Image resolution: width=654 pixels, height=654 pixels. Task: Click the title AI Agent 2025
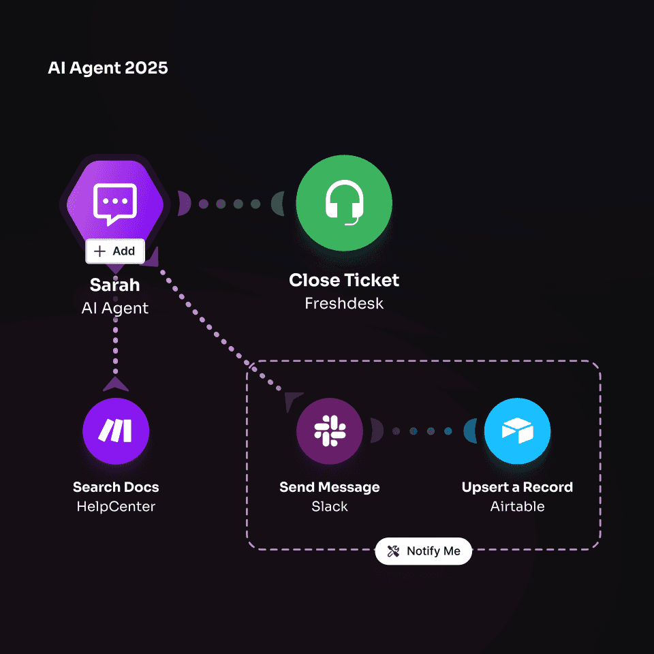(108, 68)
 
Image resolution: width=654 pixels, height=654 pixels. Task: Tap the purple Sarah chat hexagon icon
(114, 202)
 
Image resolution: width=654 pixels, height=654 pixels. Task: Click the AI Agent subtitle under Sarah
(114, 308)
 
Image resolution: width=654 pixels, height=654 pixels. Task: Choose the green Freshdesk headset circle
(344, 202)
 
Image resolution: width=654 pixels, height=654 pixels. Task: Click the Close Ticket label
(344, 280)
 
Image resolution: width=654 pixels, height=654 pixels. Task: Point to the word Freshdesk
(344, 303)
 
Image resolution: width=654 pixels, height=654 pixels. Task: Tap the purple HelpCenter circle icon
(116, 431)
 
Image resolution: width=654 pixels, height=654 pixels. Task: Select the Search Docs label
(116, 487)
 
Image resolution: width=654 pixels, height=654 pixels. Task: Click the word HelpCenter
(116, 506)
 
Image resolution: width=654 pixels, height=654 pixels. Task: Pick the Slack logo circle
(330, 431)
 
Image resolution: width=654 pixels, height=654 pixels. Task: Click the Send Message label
(330, 487)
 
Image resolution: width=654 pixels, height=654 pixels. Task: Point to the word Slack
(330, 506)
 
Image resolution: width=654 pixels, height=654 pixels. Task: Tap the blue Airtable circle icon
(517, 431)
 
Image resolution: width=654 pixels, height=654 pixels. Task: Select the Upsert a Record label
(517, 487)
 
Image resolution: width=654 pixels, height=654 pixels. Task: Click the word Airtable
(517, 506)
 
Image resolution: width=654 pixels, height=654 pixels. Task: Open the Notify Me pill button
(423, 551)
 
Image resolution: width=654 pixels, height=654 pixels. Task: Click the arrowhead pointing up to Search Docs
(116, 384)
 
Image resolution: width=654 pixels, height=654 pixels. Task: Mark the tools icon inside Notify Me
(393, 551)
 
